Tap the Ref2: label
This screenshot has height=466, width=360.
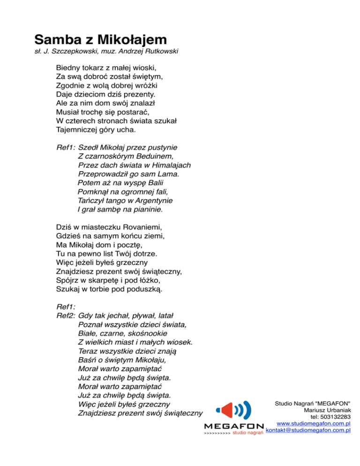[66, 316]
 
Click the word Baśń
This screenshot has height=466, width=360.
[88, 361]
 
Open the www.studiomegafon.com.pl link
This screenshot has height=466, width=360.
[314, 424]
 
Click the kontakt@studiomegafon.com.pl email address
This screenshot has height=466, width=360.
[308, 432]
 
